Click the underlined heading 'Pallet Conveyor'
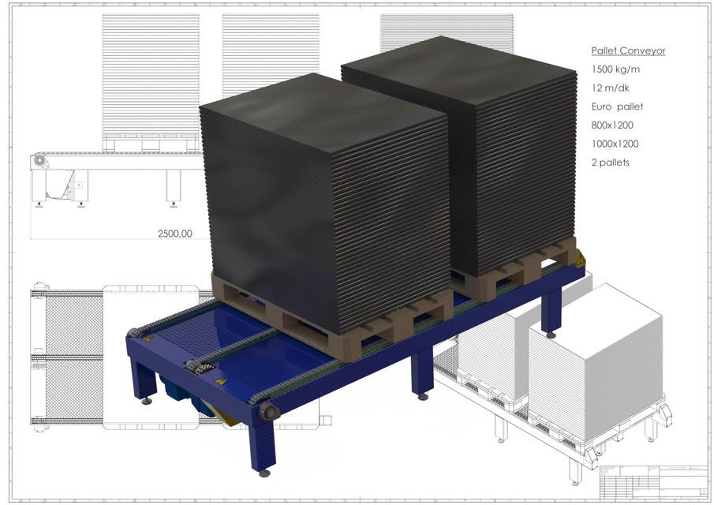click(x=628, y=50)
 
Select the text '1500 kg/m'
click(x=615, y=69)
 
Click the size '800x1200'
click(x=612, y=125)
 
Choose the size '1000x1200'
click(x=615, y=144)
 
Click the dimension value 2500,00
click(x=175, y=234)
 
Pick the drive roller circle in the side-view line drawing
click(x=36, y=162)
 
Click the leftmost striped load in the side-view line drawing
click(x=151, y=75)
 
